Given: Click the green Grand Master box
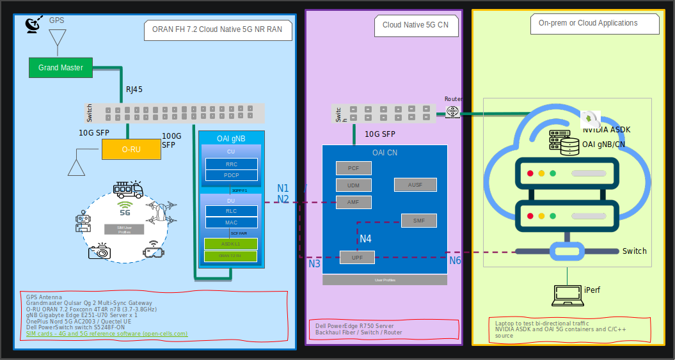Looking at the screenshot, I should [x=61, y=67].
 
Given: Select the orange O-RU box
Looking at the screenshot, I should [x=131, y=149].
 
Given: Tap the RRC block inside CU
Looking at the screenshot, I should [x=231, y=164].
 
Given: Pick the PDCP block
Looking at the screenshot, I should [x=231, y=175].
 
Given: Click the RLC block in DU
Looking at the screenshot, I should [x=231, y=211].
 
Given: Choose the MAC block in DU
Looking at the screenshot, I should [x=231, y=223].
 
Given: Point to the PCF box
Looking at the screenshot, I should [x=353, y=168].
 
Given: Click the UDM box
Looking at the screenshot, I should [x=353, y=185].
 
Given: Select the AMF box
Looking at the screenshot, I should [x=353, y=202].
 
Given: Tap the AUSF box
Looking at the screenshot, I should [x=415, y=185].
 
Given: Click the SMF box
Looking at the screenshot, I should [x=418, y=221].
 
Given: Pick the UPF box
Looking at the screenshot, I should [x=356, y=257].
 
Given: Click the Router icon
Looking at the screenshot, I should [x=453, y=112].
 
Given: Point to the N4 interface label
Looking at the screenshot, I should [x=365, y=239].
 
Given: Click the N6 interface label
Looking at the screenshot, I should [x=454, y=261].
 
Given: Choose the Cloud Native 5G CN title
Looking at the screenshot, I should [x=415, y=25].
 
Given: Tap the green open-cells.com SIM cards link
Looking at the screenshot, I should [x=107, y=334].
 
